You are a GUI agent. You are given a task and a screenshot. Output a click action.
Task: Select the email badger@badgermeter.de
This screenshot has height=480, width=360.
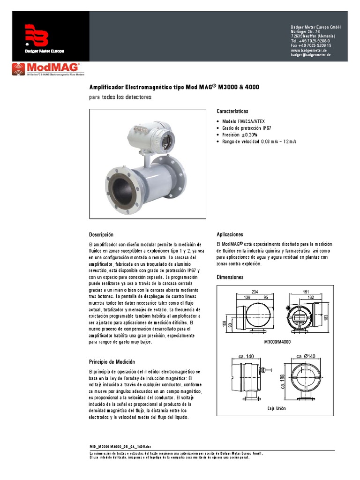311,55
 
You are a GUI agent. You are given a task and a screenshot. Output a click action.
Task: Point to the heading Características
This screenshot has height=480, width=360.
232,112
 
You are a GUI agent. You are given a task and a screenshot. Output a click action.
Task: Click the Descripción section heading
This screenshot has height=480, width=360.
101,234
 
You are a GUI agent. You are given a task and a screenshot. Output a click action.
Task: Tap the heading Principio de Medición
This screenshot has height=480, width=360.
112,362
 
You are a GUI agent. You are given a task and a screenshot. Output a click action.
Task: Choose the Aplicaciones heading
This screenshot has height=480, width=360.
230,234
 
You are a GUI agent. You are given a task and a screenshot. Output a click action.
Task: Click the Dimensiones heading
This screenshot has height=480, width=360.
230,277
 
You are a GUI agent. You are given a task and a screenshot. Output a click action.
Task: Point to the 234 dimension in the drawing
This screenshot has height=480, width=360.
255,292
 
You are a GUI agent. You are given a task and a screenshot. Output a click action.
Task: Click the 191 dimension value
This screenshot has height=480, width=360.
307,292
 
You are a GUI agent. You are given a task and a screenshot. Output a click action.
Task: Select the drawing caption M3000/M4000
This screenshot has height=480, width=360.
277,342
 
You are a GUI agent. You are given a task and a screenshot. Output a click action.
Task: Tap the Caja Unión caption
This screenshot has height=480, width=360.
277,409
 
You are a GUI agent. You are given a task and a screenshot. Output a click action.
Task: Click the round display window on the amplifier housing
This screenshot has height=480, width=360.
165,139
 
